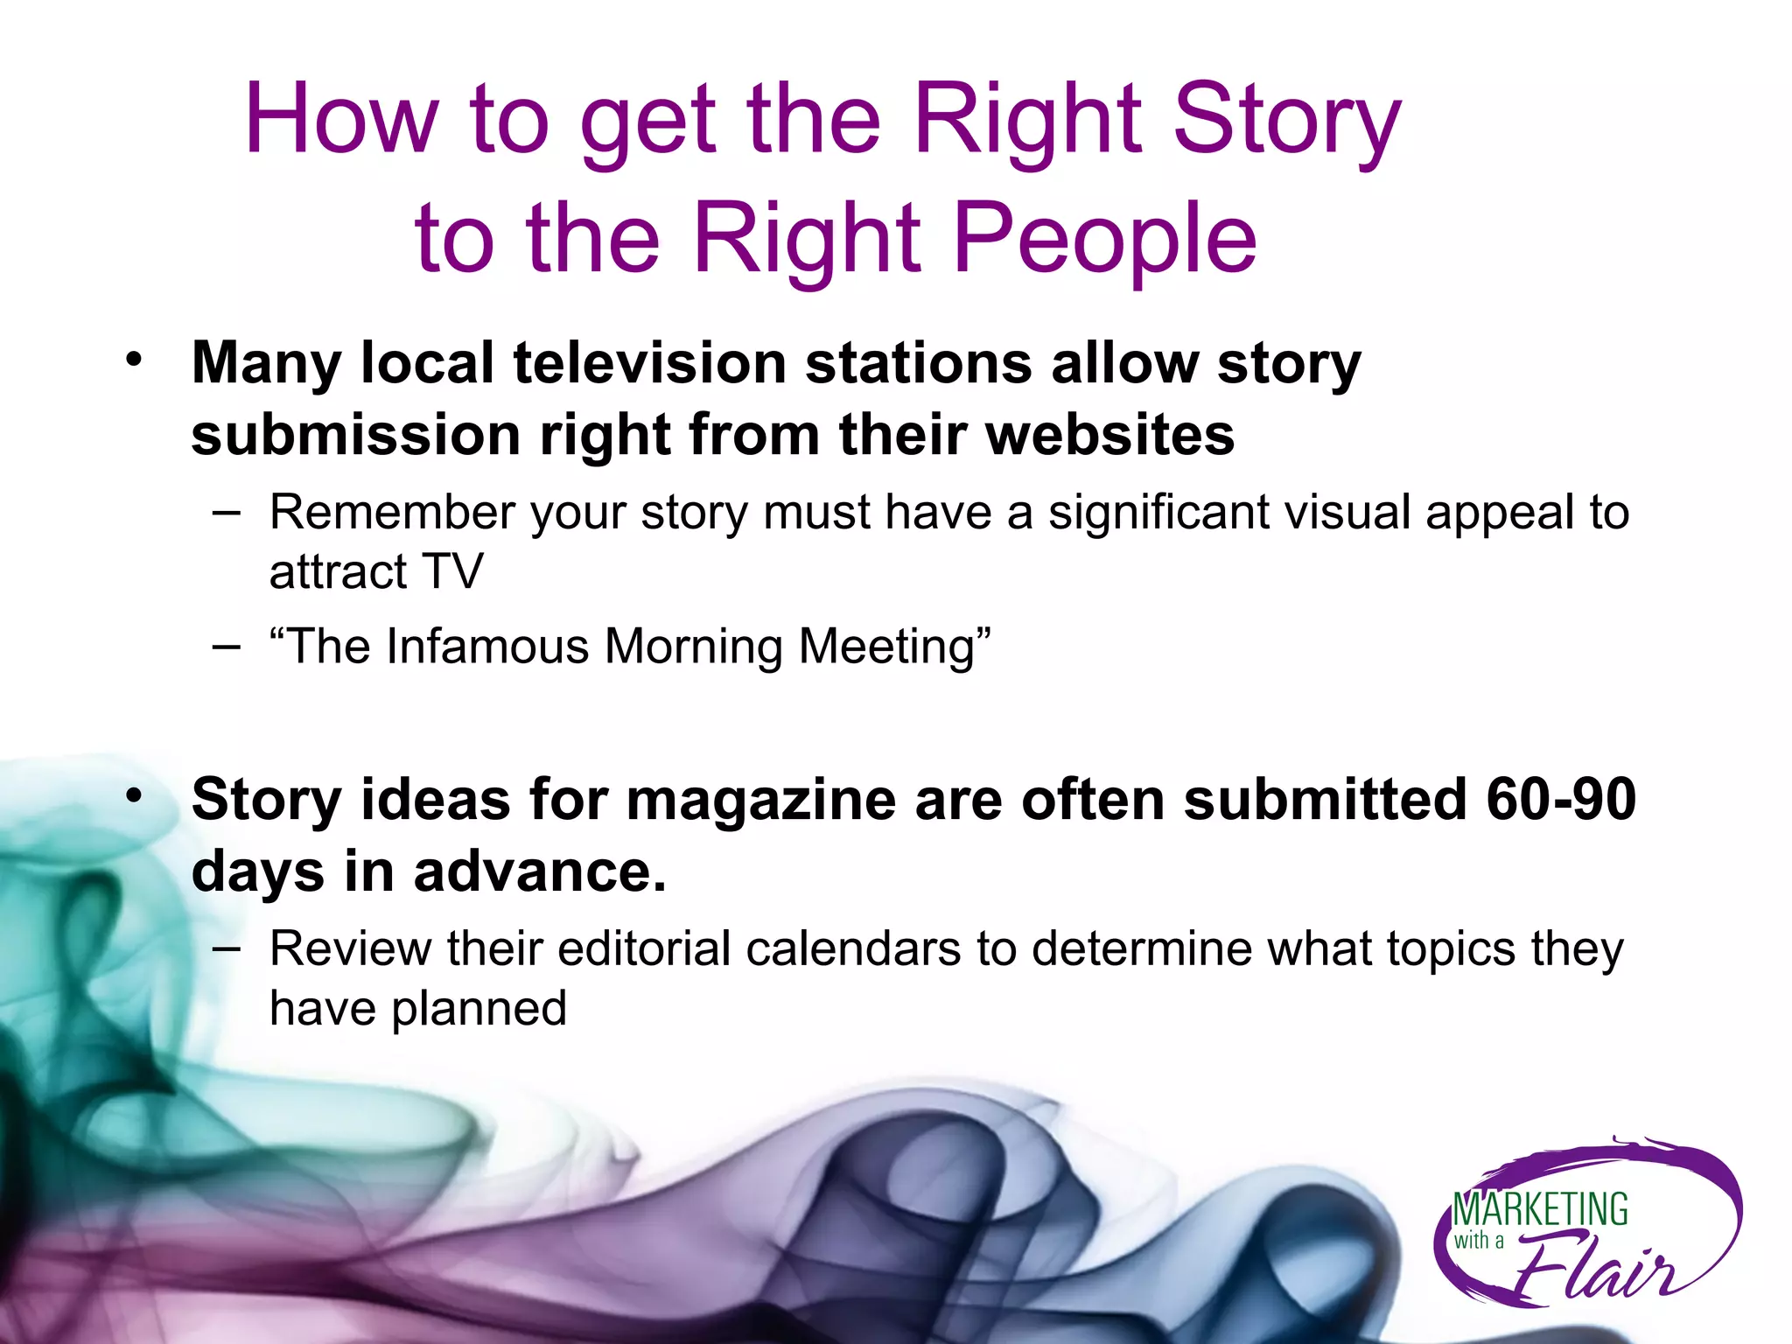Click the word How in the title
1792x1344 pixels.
[x=340, y=120]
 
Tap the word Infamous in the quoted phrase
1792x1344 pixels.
[x=487, y=647]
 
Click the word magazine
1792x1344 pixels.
[x=760, y=801]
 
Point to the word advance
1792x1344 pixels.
[x=539, y=871]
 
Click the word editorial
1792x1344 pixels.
[x=643, y=948]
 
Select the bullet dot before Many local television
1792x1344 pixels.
[x=133, y=359]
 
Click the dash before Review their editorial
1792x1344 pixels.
[x=226, y=948]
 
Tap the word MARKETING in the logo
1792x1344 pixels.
[x=1540, y=1210]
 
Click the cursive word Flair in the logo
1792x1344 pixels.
[x=1592, y=1266]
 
